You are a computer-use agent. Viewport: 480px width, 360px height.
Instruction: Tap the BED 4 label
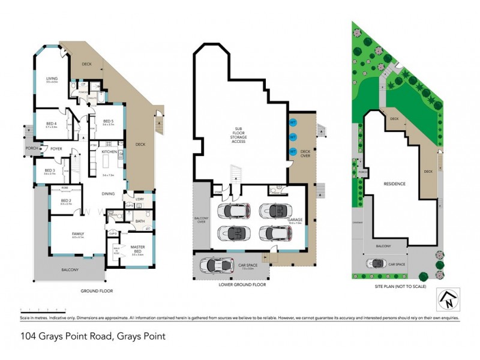(x=51, y=122)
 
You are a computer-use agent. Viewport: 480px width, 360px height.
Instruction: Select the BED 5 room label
(x=108, y=120)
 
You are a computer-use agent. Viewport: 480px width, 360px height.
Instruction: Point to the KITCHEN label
(x=109, y=152)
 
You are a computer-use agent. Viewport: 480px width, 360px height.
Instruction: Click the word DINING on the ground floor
(x=108, y=194)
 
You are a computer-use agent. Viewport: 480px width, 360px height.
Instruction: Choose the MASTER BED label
(x=138, y=248)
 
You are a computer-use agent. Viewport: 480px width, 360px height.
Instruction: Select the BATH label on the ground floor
(x=140, y=221)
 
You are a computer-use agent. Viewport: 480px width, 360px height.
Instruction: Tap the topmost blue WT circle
(x=293, y=122)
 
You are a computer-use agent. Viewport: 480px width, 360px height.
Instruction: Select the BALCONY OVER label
(x=200, y=220)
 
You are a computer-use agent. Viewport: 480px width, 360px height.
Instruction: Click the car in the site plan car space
(x=378, y=263)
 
